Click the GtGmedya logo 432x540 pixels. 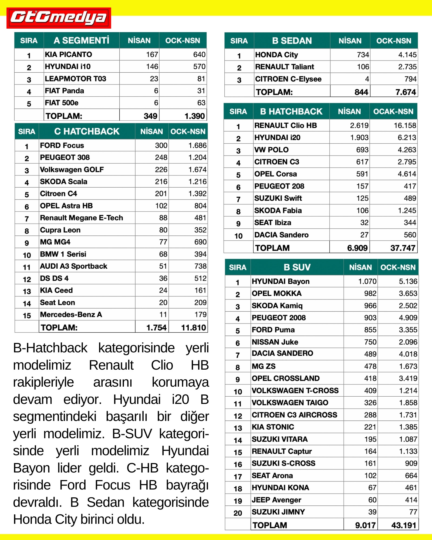tap(59, 18)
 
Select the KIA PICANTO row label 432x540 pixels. tap(68, 55)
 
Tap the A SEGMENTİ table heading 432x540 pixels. tap(81, 40)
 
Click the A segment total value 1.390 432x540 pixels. tap(194, 116)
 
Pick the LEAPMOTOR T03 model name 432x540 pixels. tap(75, 79)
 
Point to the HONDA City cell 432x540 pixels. tap(276, 55)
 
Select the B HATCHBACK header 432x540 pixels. tap(291, 112)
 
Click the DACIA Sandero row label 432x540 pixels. tap(281, 235)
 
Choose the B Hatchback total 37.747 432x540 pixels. tap(403, 248)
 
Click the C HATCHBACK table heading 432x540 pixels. tap(87, 131)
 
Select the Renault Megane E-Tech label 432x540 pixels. tap(81, 218)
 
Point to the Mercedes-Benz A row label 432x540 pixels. tap(71, 315)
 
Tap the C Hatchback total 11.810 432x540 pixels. tap(193, 328)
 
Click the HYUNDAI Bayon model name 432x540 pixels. tap(281, 282)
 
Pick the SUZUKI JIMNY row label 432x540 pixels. tap(278, 512)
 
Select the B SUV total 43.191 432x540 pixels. tap(404, 525)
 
